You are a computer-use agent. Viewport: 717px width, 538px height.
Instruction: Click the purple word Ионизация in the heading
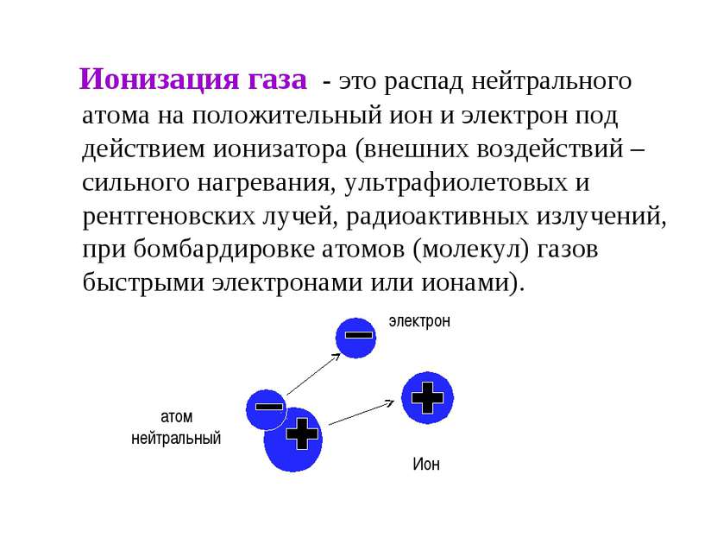160,79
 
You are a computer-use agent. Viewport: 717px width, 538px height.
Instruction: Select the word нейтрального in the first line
551,82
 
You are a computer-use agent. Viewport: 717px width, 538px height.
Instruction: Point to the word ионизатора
280,149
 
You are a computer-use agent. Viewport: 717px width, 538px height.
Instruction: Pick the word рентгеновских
169,217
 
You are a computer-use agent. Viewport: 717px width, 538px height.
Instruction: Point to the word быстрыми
143,282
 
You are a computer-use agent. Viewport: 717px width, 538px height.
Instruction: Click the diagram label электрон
419,321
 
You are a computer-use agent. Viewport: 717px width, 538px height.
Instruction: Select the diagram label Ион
426,464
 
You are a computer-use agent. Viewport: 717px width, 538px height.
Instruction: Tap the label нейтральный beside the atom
176,439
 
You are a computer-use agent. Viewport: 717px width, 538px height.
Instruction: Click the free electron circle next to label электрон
355,338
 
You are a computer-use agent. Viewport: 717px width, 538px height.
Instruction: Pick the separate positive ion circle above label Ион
428,397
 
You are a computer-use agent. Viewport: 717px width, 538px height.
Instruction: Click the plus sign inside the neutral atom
302,434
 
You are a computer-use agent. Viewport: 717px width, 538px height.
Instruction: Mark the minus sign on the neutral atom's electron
269,406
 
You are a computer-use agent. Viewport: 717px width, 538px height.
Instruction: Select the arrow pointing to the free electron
314,374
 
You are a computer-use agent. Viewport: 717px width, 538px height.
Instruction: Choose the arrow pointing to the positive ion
362,412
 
